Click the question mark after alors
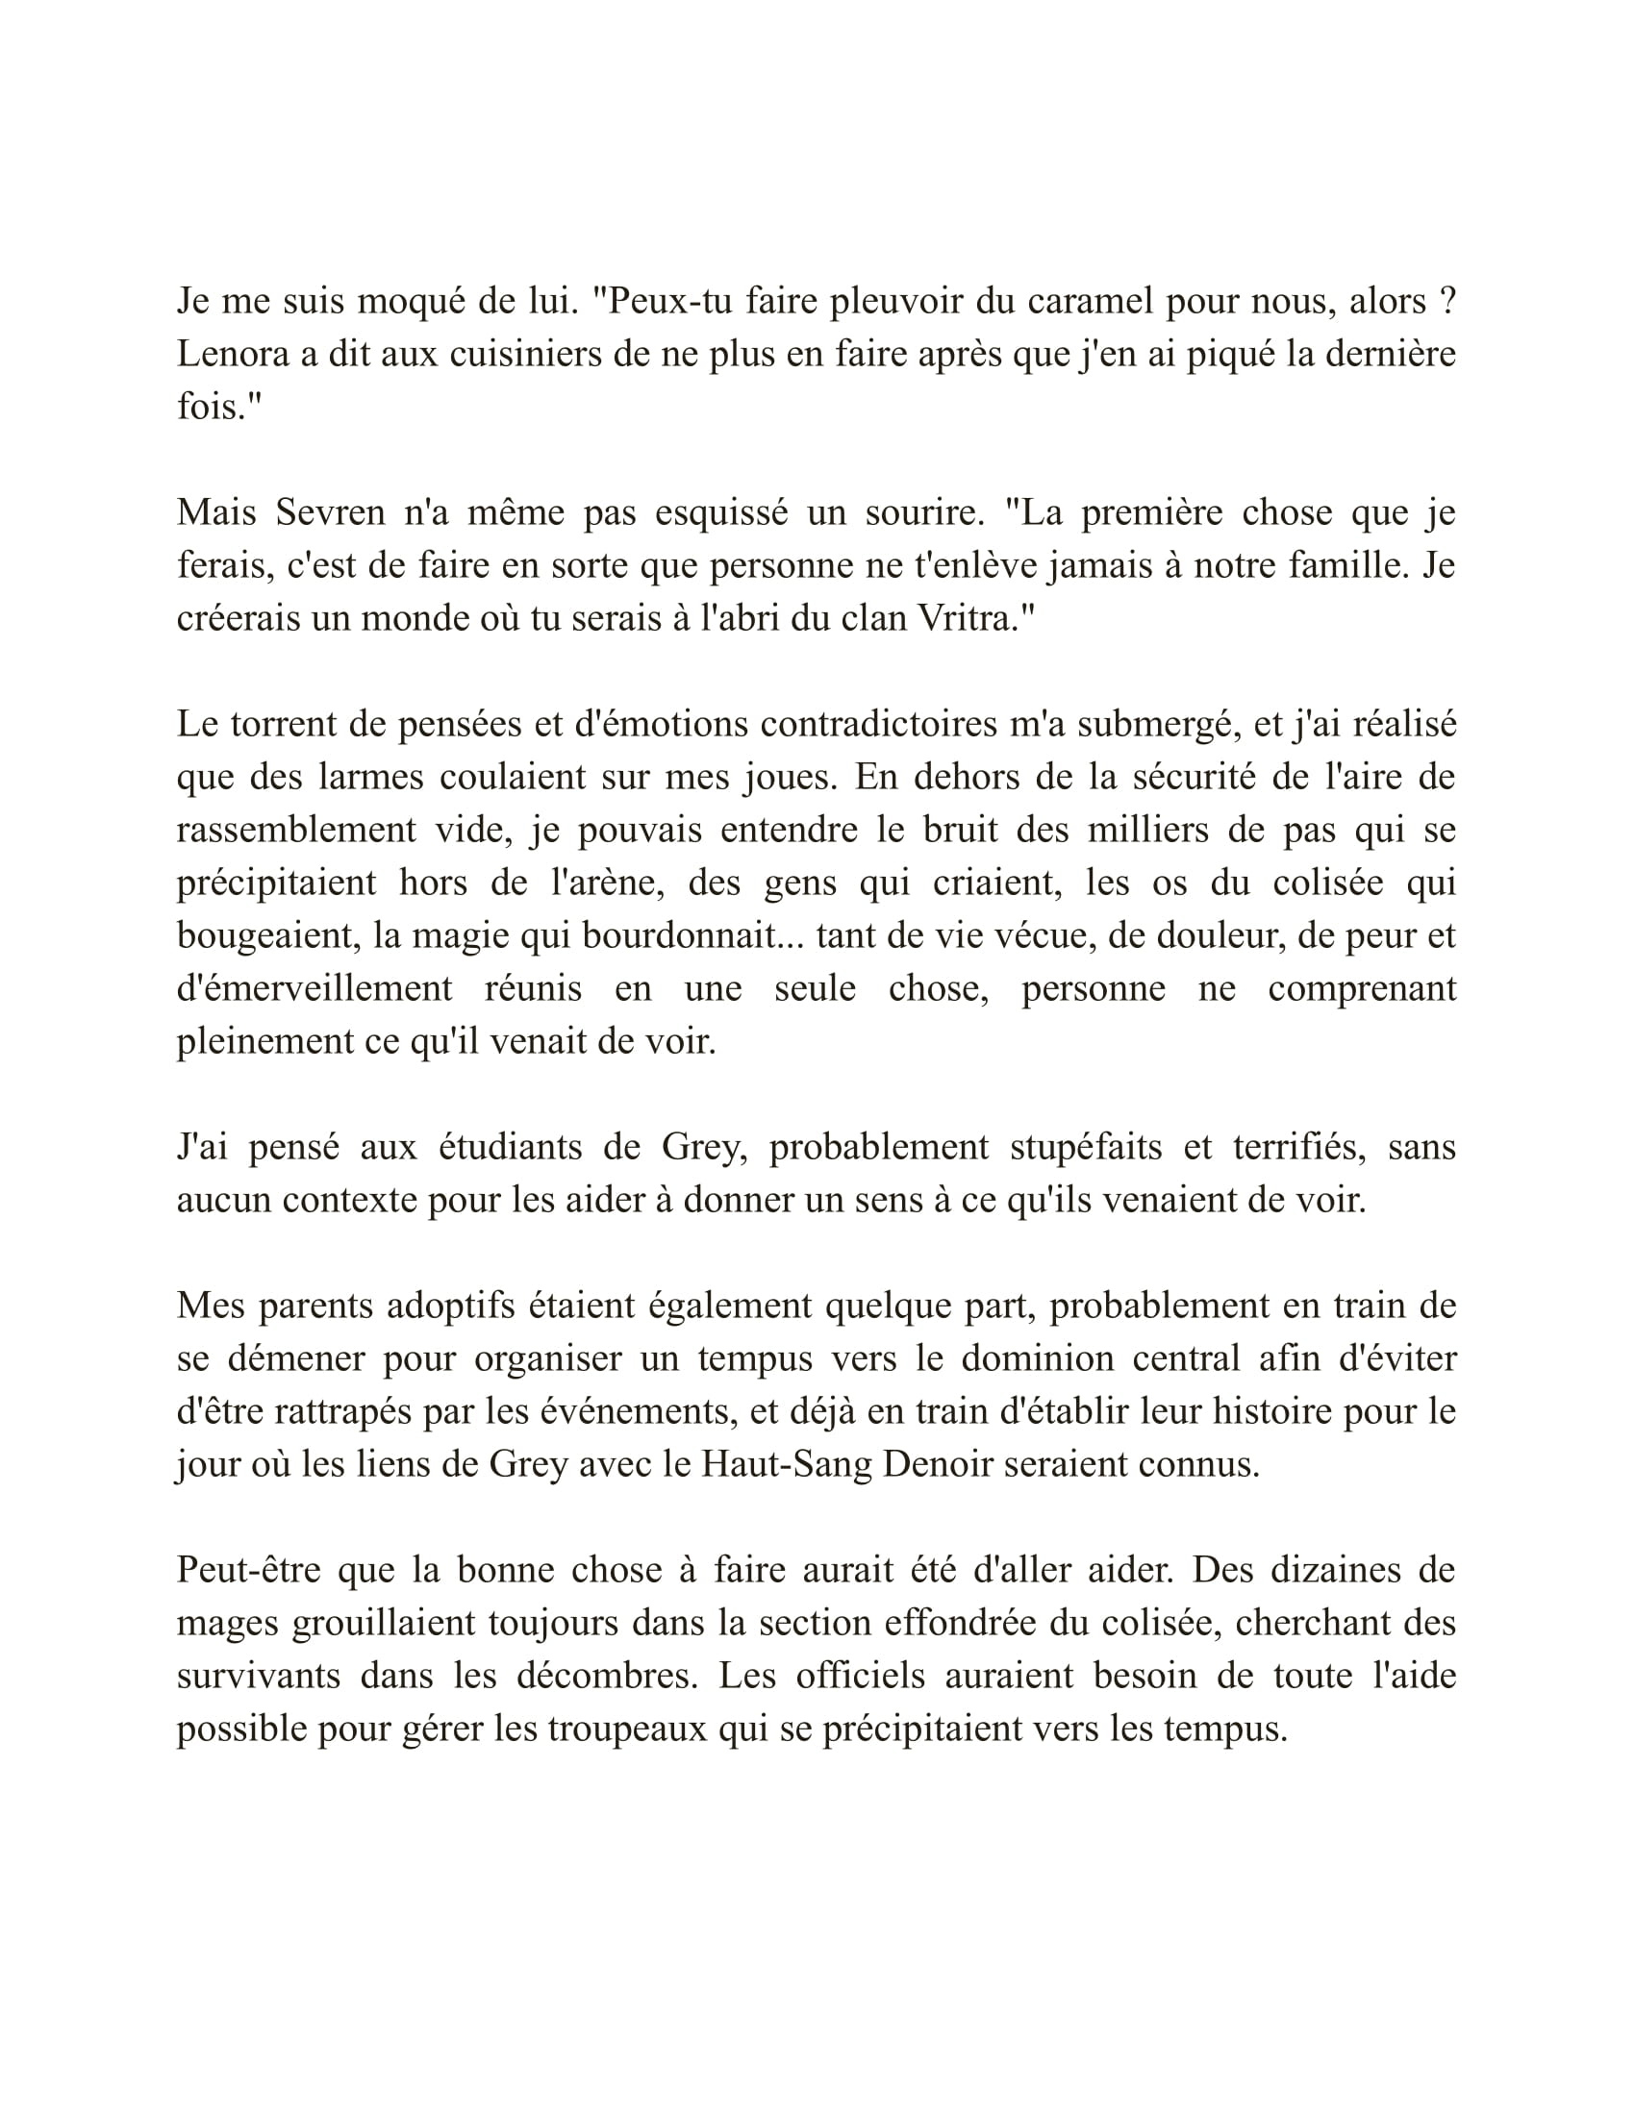point(1447,302)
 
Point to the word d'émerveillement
point(314,988)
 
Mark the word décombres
point(606,1676)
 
